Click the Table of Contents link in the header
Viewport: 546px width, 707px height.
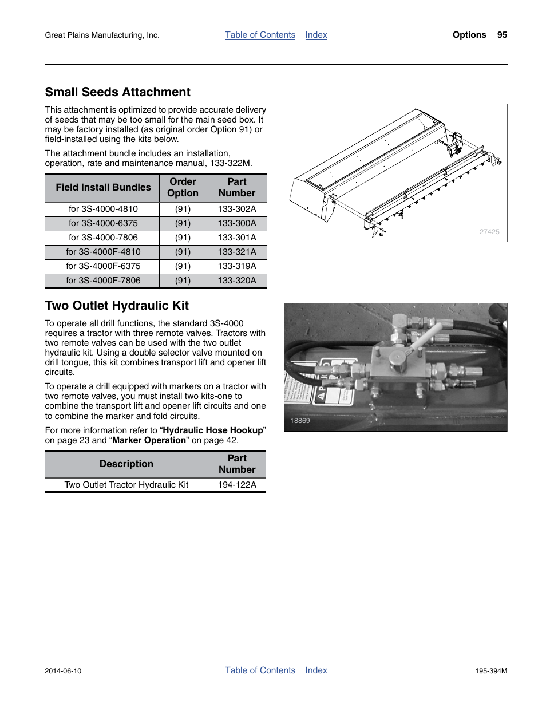(x=260, y=35)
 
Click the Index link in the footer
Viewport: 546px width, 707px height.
(x=316, y=670)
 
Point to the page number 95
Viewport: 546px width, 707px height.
(x=502, y=35)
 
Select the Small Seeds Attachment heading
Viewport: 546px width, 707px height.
(x=117, y=92)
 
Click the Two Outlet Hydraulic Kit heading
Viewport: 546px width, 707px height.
(x=117, y=306)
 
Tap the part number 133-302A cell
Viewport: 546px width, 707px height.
(x=237, y=209)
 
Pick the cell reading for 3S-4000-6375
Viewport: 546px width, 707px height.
(x=103, y=223)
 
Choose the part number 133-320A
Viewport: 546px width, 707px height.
(x=237, y=281)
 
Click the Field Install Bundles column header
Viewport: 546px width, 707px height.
(x=103, y=188)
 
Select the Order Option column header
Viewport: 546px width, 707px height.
(x=183, y=188)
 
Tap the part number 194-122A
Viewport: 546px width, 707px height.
(x=237, y=485)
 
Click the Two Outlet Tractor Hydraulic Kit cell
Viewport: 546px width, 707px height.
(x=126, y=485)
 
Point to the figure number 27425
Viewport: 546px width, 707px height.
(x=489, y=232)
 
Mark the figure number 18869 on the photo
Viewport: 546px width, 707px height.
(x=300, y=421)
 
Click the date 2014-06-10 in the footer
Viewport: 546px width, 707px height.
(x=63, y=671)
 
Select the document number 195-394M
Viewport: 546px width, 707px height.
(x=491, y=671)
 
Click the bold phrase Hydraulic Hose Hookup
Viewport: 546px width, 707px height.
(x=213, y=430)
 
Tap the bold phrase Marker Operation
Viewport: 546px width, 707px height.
(x=149, y=440)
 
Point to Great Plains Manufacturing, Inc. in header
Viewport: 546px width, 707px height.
(x=102, y=35)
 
